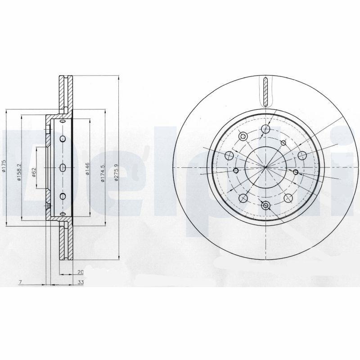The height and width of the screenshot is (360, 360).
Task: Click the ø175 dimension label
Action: point(4,167)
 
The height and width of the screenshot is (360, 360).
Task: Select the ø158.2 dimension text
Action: point(18,171)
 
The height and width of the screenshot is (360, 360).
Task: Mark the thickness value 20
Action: point(81,272)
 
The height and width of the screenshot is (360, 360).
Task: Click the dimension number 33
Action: point(81,283)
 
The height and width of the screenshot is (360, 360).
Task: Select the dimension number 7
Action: point(21,283)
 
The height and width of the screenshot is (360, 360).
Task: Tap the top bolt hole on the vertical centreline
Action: point(266,130)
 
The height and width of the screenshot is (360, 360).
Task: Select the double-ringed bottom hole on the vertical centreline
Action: point(265,206)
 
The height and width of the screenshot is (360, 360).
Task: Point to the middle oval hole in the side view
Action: point(63,167)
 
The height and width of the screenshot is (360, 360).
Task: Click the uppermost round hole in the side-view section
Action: point(63,138)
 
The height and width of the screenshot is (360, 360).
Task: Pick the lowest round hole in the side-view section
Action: point(63,196)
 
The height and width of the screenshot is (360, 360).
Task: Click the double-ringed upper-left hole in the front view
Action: point(243,136)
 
